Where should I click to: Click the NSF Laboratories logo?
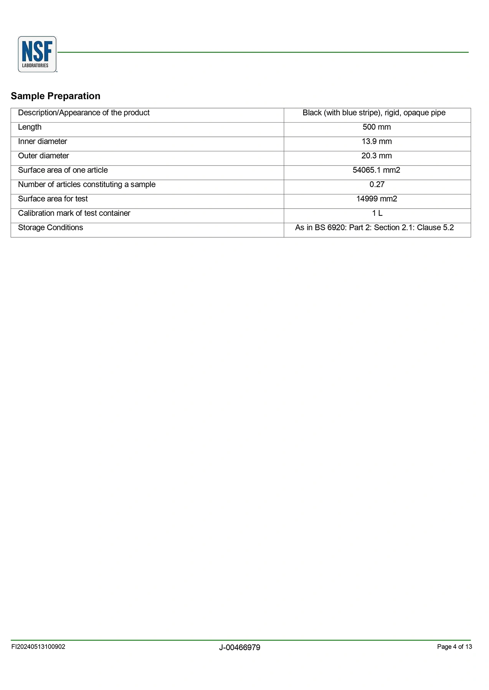[37, 54]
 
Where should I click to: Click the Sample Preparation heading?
[56, 96]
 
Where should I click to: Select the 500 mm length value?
[377, 127]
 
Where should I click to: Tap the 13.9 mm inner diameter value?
[377, 141]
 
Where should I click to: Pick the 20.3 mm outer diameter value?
[377, 156]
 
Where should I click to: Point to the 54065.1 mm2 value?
[376, 170]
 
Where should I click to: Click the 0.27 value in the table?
[377, 184]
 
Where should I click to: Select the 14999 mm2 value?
[377, 199]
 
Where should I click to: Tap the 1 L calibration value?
[377, 213]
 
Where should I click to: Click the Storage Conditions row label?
[50, 228]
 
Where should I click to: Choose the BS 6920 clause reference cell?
[374, 228]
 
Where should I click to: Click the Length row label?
[30, 127]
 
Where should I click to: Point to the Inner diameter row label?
[42, 141]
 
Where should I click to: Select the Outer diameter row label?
[43, 156]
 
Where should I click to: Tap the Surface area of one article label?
[63, 170]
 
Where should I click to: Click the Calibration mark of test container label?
[74, 213]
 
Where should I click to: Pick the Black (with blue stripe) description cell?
[374, 113]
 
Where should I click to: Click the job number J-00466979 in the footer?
[240, 647]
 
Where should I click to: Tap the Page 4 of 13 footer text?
[454, 647]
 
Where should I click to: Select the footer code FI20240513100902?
[38, 647]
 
